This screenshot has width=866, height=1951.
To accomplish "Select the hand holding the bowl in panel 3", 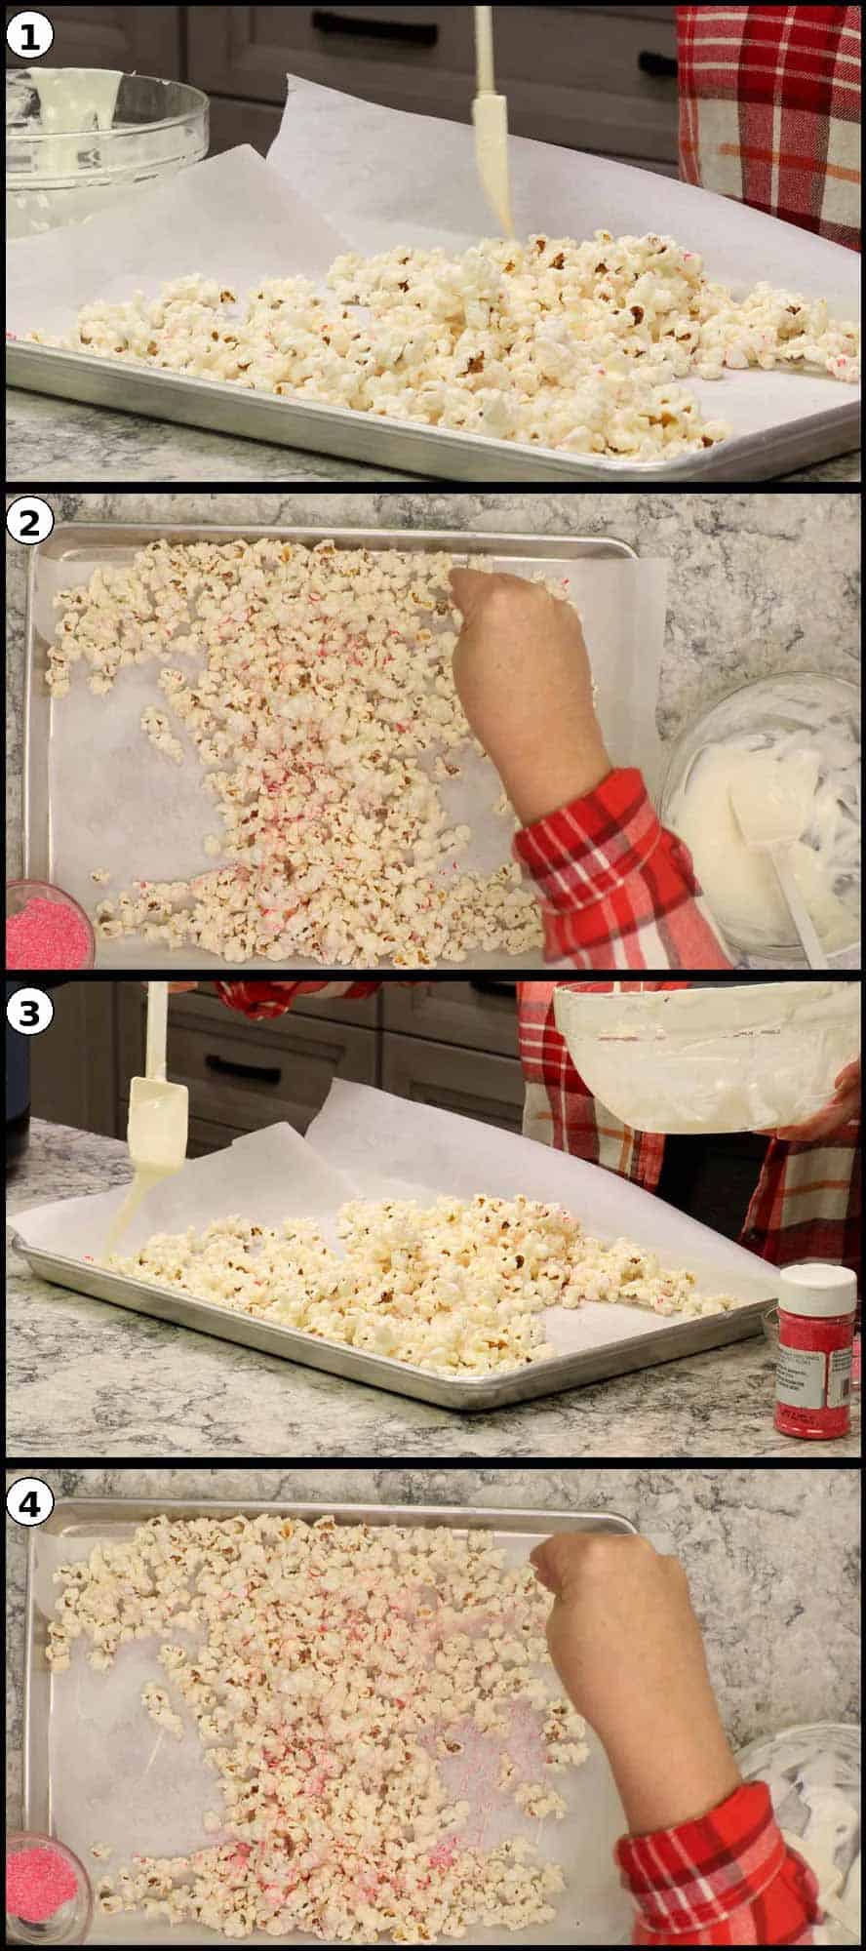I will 829,1112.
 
